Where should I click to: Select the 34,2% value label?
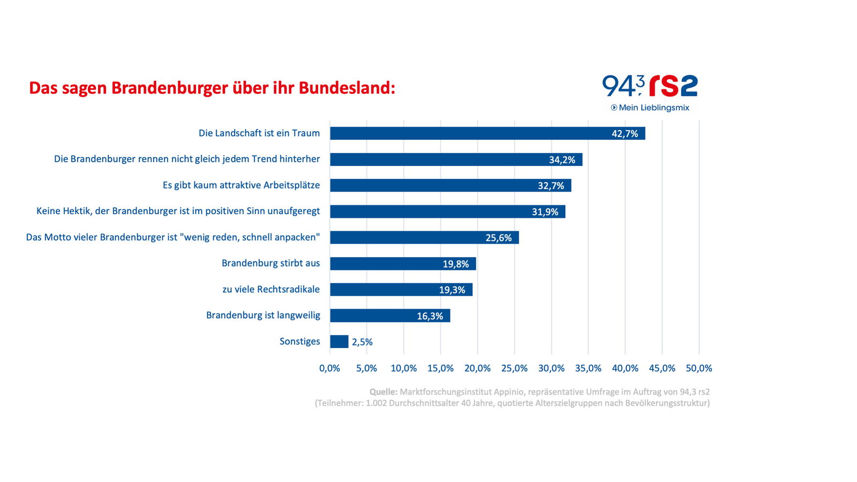562,160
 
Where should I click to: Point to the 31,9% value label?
545,212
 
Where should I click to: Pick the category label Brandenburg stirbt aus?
270,263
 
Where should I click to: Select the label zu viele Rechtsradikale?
271,289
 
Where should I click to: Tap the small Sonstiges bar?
339,342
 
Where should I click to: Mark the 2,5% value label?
362,342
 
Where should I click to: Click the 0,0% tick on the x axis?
329,368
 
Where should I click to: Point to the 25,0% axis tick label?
514,368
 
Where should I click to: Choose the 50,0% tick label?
698,368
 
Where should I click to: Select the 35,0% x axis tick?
588,368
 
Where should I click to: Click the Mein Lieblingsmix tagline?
653,108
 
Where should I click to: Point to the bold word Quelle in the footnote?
383,392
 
